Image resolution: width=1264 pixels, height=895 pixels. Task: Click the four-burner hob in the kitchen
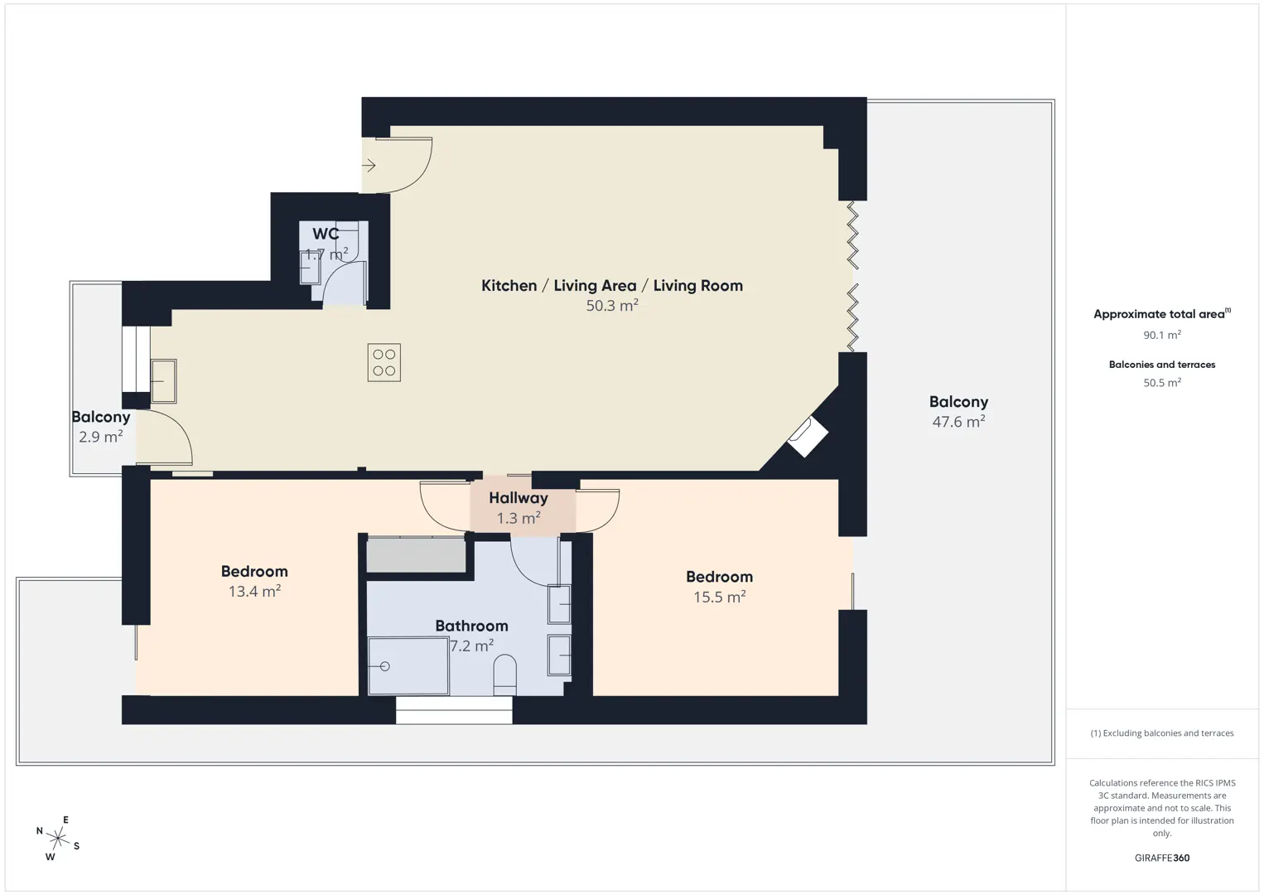coord(384,362)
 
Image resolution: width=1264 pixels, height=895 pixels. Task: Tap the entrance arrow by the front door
coord(369,166)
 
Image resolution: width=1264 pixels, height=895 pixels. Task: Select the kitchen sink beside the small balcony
coord(164,381)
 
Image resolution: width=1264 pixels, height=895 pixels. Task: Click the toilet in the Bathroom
coord(504,675)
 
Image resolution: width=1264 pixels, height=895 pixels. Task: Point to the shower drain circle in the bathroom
coord(385,666)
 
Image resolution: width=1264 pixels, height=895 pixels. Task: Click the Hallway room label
coord(518,498)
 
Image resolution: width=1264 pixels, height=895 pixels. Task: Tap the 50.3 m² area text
coord(611,306)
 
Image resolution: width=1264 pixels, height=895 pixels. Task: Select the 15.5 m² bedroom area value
coord(720,597)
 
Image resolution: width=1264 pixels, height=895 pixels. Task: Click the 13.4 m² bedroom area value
coord(254,591)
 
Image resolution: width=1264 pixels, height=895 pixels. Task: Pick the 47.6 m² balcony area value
coord(958,421)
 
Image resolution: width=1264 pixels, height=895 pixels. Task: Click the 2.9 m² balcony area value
coord(100,437)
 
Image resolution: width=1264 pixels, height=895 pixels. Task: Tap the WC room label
coord(326,234)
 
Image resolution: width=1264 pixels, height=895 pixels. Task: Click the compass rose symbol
coord(57,839)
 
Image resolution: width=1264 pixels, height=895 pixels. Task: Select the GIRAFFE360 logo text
coord(1162,858)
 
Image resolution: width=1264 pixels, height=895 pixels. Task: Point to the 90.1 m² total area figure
coord(1162,335)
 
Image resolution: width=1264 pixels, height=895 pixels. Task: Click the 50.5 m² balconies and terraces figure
coord(1162,382)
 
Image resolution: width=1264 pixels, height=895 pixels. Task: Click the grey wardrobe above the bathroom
coord(416,554)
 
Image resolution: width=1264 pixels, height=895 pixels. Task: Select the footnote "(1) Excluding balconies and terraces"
coord(1162,733)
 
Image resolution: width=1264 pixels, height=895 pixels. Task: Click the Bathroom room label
coord(472,626)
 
